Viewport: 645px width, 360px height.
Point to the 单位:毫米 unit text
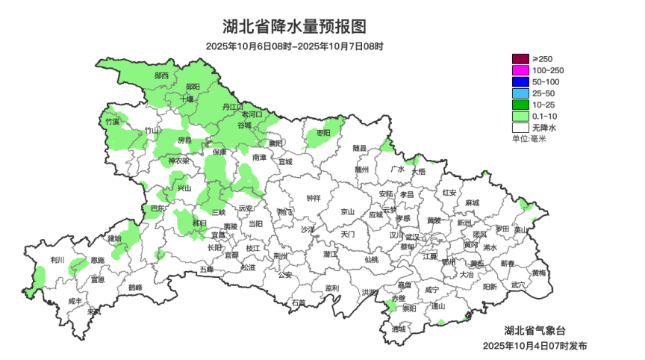pyautogui.click(x=529, y=139)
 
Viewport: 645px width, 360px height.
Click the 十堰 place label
pyautogui.click(x=187, y=99)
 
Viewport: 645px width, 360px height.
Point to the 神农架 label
pyautogui.click(x=178, y=161)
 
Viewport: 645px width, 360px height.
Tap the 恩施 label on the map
pyautogui.click(x=98, y=261)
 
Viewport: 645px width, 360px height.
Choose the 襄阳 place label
pyautogui.click(x=276, y=143)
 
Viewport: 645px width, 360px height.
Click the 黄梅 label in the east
pyautogui.click(x=538, y=273)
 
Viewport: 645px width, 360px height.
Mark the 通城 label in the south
pyautogui.click(x=399, y=329)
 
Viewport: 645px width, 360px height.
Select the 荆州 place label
pyautogui.click(x=281, y=255)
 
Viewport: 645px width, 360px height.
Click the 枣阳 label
pyautogui.click(x=323, y=132)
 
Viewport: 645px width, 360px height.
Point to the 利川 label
pyautogui.click(x=57, y=260)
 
